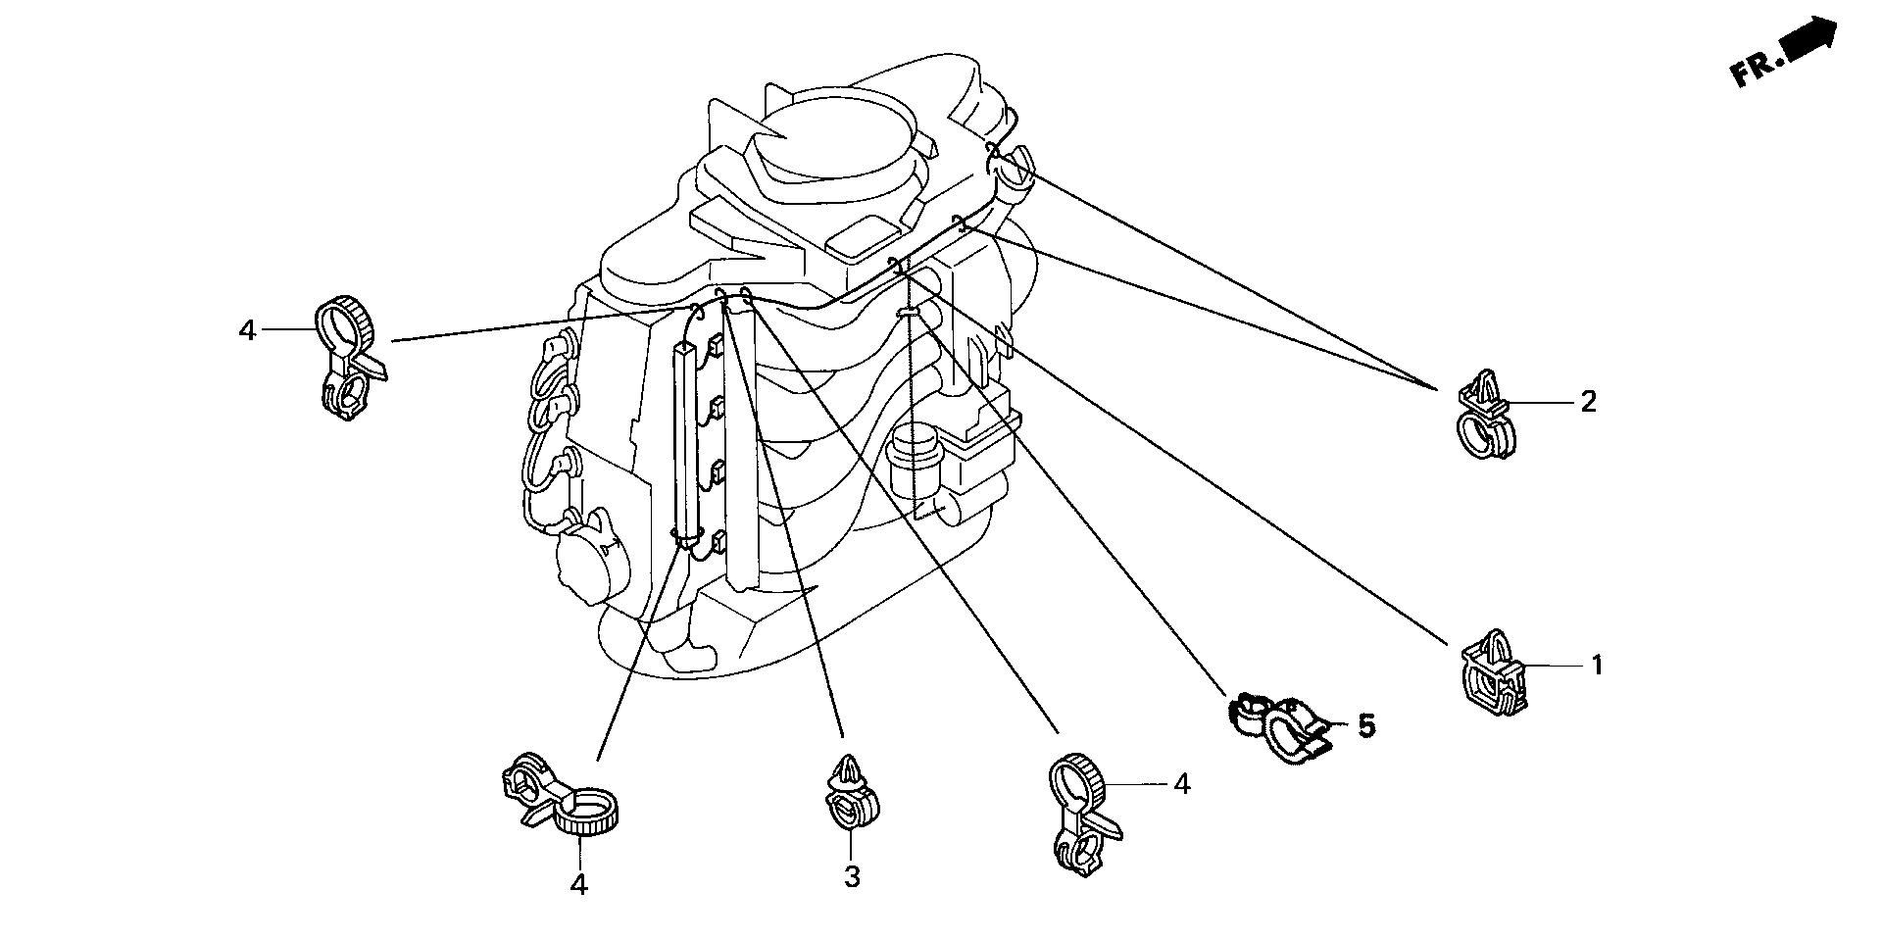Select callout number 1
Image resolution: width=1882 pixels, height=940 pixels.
click(x=1596, y=666)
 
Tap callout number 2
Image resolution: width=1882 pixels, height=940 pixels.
click(x=1588, y=401)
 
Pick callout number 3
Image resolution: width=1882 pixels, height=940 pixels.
click(x=852, y=876)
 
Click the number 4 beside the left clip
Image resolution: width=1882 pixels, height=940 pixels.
click(x=247, y=331)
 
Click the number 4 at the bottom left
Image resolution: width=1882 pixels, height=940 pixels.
click(x=579, y=884)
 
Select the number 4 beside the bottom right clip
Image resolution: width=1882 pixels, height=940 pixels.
click(x=1182, y=784)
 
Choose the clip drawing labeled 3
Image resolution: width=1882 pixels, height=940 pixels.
click(x=849, y=795)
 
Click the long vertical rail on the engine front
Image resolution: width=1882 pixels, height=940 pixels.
click(x=687, y=441)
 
